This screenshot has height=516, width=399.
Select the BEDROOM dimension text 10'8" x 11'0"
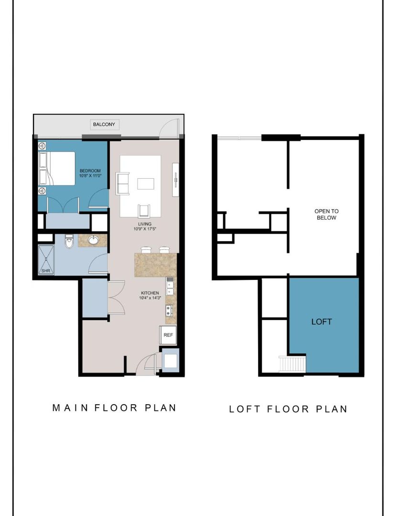point(90,176)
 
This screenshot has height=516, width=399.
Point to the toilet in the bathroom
point(69,242)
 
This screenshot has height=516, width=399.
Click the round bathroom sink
point(94,240)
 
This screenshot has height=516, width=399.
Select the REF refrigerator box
point(168,335)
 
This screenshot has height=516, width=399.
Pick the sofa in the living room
point(123,183)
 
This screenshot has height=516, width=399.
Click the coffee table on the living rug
point(146,183)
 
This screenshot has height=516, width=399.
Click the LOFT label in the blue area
point(322,322)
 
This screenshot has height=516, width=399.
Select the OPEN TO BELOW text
point(325,215)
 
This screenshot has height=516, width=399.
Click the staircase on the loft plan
point(292,363)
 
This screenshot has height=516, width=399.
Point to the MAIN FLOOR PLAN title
point(114,408)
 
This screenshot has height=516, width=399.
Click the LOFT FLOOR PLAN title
point(288,409)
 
